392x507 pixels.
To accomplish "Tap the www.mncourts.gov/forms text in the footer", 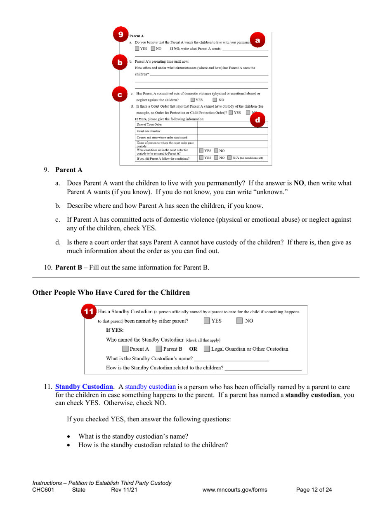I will (x=235, y=490).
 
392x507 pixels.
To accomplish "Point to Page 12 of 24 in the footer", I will (x=314, y=490).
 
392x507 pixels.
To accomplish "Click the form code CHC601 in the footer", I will (x=45, y=490).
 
